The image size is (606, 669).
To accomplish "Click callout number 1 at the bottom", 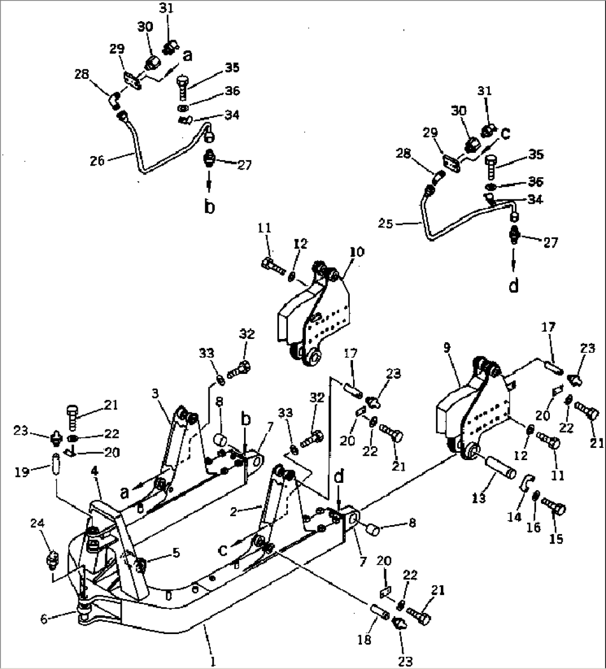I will click(x=212, y=661).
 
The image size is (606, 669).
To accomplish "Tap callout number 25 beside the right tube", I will click(x=386, y=224).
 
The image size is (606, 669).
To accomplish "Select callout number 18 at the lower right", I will click(x=364, y=640).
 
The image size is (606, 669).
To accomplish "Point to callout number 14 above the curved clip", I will click(x=514, y=517).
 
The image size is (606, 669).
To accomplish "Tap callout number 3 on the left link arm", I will click(x=155, y=393).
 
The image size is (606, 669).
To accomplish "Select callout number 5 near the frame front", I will click(x=176, y=552).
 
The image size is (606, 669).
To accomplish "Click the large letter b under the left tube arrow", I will click(x=209, y=207).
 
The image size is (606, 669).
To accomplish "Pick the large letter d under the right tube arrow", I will click(x=514, y=285).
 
